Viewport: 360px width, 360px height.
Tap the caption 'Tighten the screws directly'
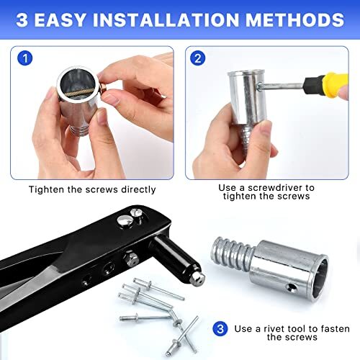coord(92,190)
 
